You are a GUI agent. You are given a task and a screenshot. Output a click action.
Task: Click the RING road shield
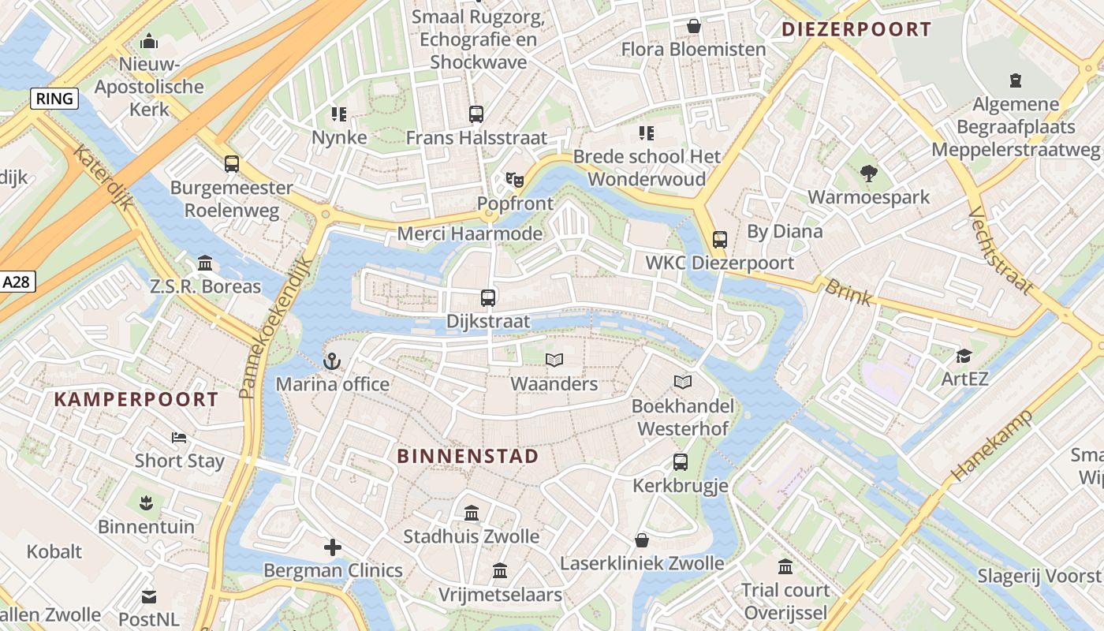54,99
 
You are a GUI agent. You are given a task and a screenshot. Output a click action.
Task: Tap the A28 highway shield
17,282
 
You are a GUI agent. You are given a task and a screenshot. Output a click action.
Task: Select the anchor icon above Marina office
332,362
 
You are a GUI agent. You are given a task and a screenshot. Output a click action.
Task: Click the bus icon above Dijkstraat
488,298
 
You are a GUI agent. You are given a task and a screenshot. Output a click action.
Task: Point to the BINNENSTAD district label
468,456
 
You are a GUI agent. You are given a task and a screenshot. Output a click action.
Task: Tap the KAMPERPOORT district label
136,399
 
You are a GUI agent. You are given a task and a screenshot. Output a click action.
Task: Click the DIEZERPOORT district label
856,30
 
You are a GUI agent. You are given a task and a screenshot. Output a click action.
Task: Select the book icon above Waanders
554,360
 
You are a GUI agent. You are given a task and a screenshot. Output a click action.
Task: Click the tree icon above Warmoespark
869,173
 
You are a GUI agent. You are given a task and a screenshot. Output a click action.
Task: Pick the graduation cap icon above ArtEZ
964,356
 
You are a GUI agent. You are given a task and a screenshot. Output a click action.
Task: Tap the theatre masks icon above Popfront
515,180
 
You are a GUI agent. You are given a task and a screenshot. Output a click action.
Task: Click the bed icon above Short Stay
179,437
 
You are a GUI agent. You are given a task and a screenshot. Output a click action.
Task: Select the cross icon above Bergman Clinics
333,547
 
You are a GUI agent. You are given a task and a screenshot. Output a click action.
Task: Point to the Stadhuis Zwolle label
472,536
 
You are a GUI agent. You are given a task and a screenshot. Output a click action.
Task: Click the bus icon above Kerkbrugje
680,462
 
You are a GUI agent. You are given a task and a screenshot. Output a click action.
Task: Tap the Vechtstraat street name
1000,250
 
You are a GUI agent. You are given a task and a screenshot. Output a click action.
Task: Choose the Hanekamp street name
991,446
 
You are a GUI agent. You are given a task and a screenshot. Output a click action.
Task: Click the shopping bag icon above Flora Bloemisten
693,26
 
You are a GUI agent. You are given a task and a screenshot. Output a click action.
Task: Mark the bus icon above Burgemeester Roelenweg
231,164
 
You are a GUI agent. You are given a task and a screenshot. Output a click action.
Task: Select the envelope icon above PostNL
149,597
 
